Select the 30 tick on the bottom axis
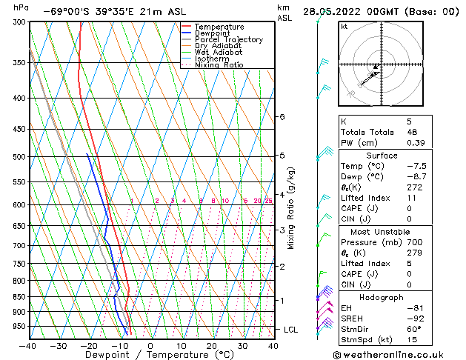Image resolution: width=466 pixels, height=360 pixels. coord(242,345)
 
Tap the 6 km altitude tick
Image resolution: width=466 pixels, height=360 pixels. coord(282,117)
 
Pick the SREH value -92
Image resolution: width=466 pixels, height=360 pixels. coord(411,319)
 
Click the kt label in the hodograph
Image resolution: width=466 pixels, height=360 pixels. coord(344,27)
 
